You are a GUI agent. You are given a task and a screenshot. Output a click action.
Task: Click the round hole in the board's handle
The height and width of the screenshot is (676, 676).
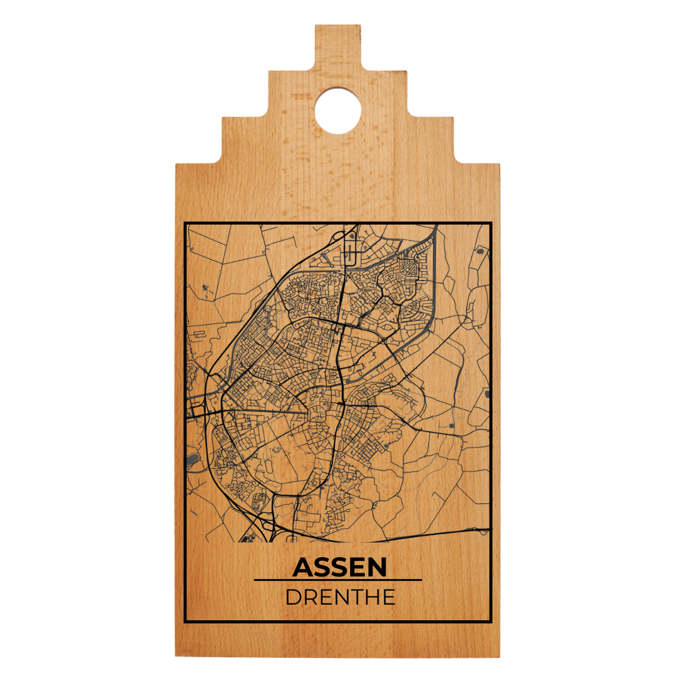point(338,111)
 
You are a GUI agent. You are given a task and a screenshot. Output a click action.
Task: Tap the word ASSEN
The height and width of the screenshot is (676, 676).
point(339,567)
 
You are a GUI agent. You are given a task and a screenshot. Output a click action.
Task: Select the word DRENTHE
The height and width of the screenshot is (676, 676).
point(340,597)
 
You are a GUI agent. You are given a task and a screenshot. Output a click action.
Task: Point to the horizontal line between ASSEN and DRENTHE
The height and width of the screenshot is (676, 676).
point(338,580)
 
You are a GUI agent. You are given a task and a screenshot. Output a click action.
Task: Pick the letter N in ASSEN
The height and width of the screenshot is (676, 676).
point(377,567)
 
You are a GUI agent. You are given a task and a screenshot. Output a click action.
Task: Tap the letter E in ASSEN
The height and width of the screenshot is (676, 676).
point(356,567)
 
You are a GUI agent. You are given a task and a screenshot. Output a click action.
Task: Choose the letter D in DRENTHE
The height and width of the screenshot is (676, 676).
point(293,597)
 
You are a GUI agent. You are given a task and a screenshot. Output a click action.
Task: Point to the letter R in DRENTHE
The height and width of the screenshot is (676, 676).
point(310,597)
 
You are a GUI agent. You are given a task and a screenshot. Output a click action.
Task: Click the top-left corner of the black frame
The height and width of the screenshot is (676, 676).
point(185,223)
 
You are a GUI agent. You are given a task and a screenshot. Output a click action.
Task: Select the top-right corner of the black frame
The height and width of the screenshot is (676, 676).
point(491,223)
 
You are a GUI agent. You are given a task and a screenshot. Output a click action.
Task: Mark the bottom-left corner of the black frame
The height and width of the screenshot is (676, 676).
point(185,621)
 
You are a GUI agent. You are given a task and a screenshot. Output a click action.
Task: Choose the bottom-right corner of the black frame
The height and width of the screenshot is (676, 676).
point(491,621)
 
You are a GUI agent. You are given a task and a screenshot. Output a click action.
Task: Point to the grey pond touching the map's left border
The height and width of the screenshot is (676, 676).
point(192,462)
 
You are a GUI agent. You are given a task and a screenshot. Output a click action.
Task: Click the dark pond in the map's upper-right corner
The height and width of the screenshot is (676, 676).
point(480,251)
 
